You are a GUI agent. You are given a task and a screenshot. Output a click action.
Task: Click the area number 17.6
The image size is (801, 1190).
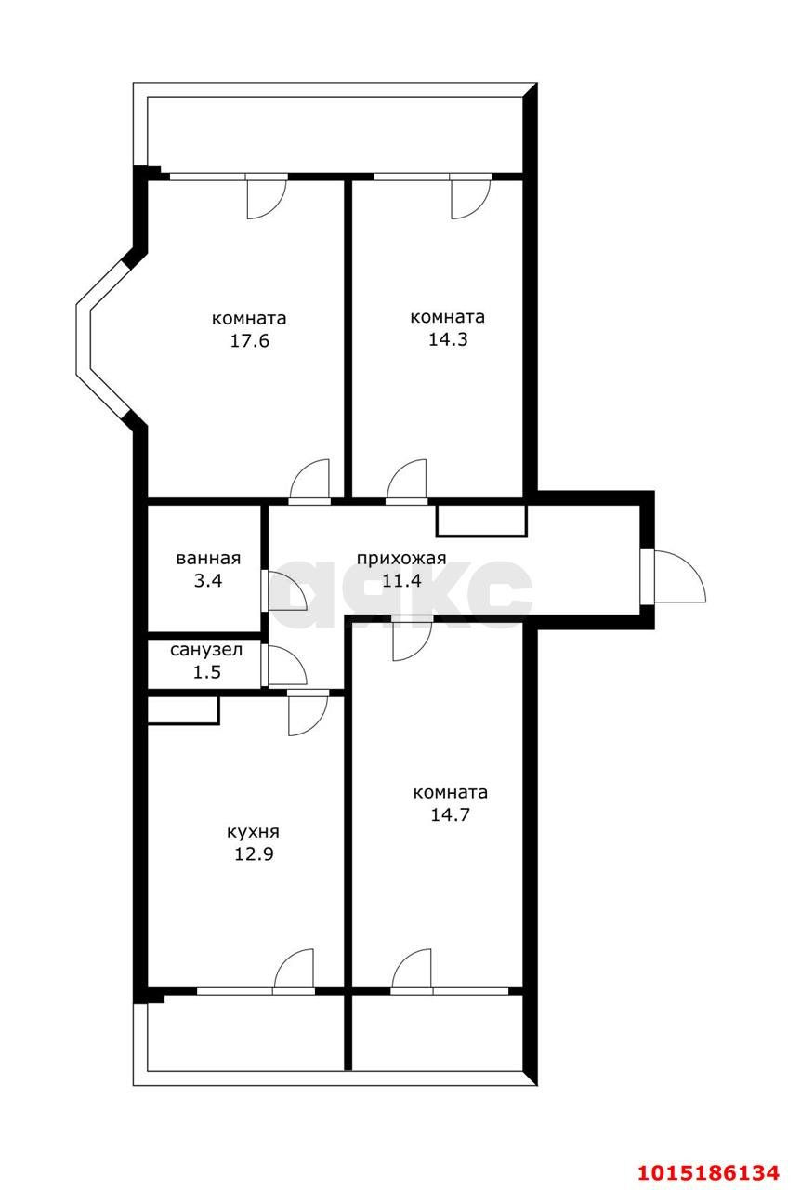pos(249,341)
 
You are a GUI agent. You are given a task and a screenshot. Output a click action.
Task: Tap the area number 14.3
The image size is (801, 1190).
pos(447,339)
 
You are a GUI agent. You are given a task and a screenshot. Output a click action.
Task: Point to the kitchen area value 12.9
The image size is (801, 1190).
pos(254,855)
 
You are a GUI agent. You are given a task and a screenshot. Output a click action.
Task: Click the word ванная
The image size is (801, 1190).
pos(208,559)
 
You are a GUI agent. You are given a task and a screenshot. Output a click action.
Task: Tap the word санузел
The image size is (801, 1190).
pos(205,650)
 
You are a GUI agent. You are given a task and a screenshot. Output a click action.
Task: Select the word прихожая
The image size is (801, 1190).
pos(401,559)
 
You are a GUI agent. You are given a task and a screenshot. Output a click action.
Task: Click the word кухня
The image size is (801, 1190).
pos(253,832)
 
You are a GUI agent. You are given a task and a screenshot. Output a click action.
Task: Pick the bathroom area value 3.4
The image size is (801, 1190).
pos(208,582)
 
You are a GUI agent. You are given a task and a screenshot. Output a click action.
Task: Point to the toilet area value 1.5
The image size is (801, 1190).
pos(206,672)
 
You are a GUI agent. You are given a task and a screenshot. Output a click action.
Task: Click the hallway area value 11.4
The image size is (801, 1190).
pos(401,582)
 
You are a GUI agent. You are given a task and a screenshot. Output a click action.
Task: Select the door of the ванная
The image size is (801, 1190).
pos(284,590)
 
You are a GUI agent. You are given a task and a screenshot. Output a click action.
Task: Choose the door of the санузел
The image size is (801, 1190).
pos(283,665)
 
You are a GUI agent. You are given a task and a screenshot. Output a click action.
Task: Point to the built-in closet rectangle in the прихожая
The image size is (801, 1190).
pos(481,520)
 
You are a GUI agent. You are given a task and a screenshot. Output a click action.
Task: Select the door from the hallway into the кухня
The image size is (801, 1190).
pos(307,712)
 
